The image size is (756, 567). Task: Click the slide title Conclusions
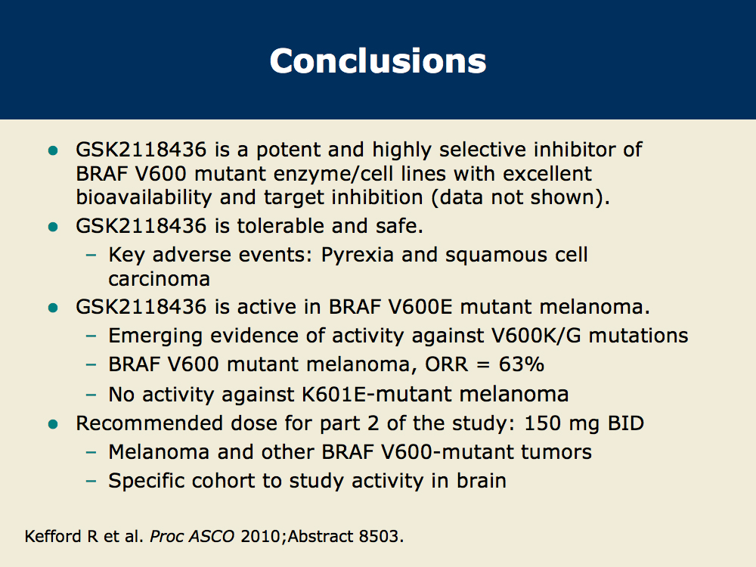pos(378,60)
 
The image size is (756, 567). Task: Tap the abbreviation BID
pos(626,423)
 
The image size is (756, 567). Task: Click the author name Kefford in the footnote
pos(53,536)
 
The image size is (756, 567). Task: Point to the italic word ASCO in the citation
pos(211,536)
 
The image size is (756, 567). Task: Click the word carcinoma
pos(159,279)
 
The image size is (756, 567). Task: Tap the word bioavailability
pos(144,197)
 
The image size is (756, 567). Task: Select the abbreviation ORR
pos(447,364)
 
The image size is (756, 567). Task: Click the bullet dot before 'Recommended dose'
pos(53,424)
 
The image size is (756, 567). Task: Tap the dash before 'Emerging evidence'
pos(91,336)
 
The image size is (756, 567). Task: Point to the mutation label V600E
pos(420,307)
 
